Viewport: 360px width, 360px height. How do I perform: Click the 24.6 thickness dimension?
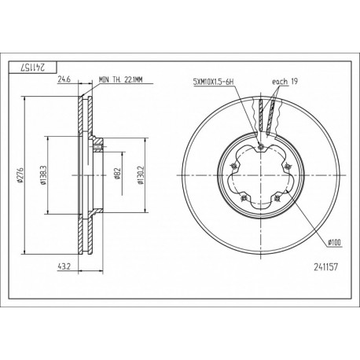point(64,79)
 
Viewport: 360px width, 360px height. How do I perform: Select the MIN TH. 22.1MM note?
point(121,79)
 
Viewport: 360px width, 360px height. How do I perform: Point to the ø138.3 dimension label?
point(43,175)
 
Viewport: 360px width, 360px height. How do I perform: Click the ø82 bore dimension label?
point(117,174)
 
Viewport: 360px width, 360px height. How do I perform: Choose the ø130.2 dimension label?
point(141,175)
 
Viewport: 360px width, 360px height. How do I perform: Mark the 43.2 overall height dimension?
point(64,266)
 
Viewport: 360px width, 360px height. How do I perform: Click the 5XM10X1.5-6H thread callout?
point(213,82)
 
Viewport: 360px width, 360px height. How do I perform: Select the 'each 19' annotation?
point(285,82)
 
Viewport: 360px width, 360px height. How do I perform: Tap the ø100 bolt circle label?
point(335,242)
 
